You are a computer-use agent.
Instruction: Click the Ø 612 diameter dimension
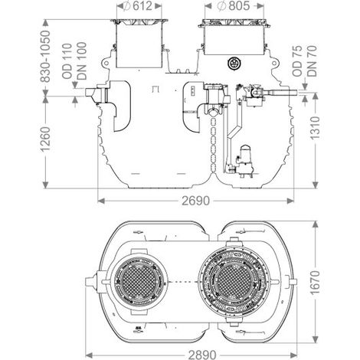point(139,6)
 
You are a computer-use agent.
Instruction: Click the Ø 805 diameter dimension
point(234,6)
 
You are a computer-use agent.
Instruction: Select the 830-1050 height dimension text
point(45,57)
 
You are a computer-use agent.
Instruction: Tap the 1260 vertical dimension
point(45,139)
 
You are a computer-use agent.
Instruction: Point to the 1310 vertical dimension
point(315,128)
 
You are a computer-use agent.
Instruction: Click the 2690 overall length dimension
point(195,201)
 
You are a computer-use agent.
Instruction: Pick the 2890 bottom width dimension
point(202,355)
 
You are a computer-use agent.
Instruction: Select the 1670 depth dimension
point(315,283)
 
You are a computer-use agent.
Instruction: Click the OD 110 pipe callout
point(67,61)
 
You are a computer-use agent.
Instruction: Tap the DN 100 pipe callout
point(82,61)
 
